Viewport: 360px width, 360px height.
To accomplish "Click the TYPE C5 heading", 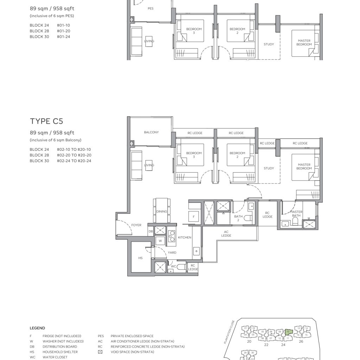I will [46, 121].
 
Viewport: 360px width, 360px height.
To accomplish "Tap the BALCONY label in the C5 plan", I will [151, 133].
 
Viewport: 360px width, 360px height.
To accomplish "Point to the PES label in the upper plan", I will [150, 8].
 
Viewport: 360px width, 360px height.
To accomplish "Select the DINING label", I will [162, 211].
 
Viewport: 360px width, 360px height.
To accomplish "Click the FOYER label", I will [136, 225].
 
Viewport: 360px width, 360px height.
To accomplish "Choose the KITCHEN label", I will [185, 238].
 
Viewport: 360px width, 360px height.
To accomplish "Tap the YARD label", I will [172, 252].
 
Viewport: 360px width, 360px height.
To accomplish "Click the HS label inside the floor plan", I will [140, 258].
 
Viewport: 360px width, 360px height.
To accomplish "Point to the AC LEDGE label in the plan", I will [226, 233].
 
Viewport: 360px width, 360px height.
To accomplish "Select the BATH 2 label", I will [238, 218].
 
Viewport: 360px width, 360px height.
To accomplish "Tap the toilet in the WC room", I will [181, 267].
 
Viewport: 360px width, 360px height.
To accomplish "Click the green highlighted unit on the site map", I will [288, 331].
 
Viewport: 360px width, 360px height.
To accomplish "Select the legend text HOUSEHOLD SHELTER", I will [60, 352].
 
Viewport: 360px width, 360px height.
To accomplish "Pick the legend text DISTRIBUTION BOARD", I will [60, 347].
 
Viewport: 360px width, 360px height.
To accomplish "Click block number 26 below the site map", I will [301, 341].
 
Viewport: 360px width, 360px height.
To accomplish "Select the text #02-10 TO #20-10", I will [74, 149].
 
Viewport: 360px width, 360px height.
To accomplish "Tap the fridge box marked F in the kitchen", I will [194, 216].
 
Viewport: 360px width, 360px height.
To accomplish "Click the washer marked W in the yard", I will [160, 241].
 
